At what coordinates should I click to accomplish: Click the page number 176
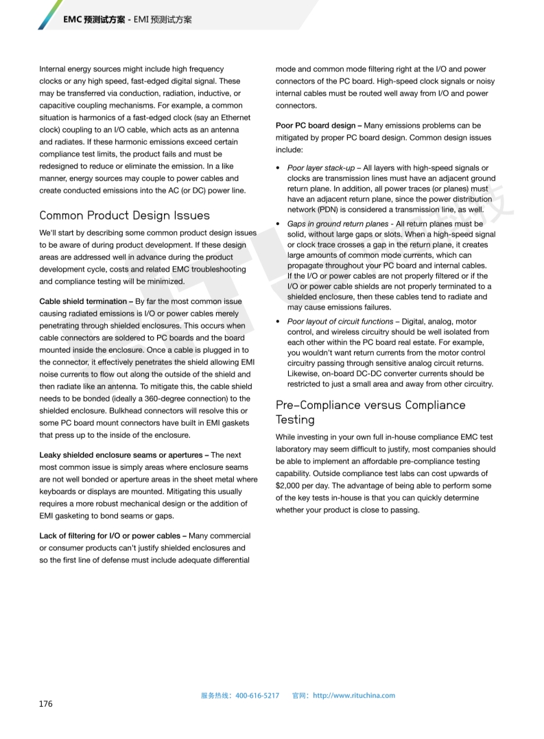[x=46, y=703]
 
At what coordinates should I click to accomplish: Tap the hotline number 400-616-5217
[x=257, y=695]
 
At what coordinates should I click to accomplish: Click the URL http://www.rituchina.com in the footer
[x=354, y=695]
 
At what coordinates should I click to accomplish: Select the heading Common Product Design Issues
[x=124, y=215]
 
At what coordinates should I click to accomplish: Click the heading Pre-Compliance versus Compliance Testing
[x=370, y=412]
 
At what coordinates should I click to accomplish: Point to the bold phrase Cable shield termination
[x=83, y=301]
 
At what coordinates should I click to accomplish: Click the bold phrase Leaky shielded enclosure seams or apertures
[x=123, y=455]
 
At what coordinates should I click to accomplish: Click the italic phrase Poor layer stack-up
[x=320, y=167]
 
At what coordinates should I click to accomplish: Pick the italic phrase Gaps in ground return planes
[x=338, y=224]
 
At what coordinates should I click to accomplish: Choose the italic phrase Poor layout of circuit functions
[x=340, y=321]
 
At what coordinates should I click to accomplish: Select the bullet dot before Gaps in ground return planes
[x=278, y=224]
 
